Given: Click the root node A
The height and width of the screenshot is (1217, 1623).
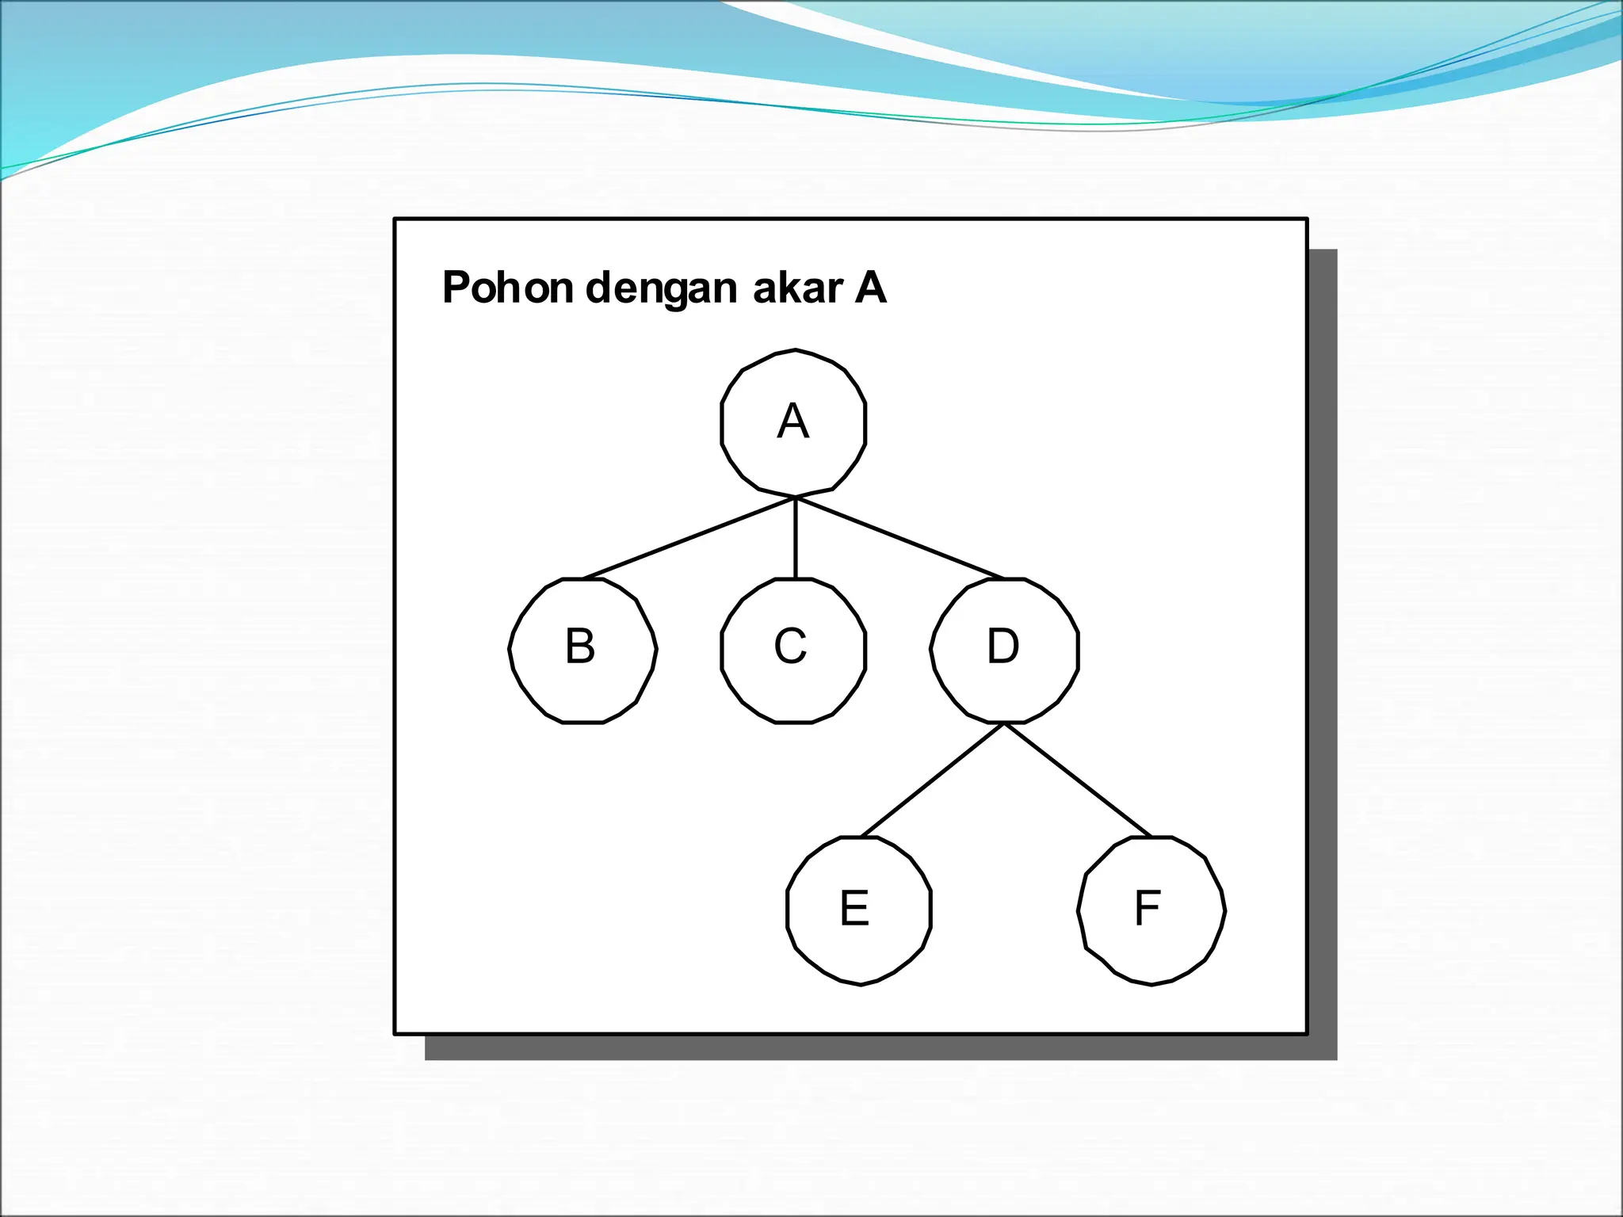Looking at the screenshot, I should [793, 422].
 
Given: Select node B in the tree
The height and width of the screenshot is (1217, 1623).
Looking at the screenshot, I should [582, 650].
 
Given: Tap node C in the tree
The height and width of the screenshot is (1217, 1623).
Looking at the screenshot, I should [793, 650].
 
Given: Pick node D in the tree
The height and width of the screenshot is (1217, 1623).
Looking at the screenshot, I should [1004, 650].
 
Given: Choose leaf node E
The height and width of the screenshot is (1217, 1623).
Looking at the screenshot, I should [859, 910].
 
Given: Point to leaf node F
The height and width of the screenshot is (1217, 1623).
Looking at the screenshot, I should [1151, 910].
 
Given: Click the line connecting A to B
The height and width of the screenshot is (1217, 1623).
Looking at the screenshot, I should [688, 538].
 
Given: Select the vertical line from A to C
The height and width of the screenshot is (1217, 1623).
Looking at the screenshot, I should [796, 539].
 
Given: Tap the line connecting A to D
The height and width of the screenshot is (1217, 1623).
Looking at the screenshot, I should [900, 538].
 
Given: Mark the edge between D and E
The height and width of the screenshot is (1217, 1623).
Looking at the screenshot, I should [932, 780].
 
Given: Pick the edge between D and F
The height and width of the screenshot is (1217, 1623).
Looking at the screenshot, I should [1078, 780].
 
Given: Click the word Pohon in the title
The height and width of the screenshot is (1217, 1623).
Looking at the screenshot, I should [507, 287].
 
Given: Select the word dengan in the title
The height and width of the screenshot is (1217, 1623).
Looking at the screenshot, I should [662, 288].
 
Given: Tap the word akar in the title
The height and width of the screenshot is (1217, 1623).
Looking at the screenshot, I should [796, 287].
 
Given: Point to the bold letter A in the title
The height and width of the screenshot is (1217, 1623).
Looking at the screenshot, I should [870, 287].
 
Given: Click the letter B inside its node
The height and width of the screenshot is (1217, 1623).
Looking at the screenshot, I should [580, 646].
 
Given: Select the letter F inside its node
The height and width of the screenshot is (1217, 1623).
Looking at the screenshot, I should [1148, 908].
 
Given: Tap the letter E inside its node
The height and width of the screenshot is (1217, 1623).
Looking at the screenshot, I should [854, 908].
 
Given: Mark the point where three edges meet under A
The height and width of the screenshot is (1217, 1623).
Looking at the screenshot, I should [796, 498].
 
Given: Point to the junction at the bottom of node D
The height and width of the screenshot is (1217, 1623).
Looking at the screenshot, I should [1004, 723].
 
